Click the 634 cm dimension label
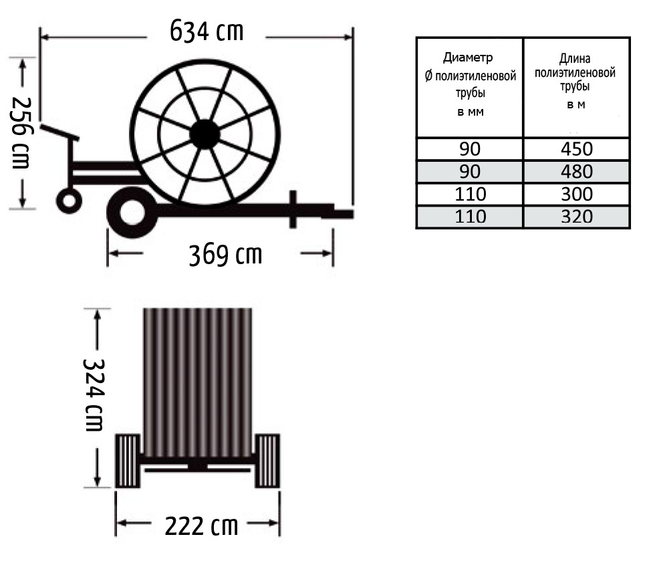[x=207, y=31]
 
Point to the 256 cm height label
[x=20, y=133]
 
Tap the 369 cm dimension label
[x=225, y=255]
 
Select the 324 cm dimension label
[x=94, y=395]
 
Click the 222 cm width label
[x=202, y=526]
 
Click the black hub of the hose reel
[x=205, y=134]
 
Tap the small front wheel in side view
[x=69, y=201]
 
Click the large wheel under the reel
[x=132, y=213]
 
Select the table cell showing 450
[x=576, y=149]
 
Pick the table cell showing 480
[x=576, y=172]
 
